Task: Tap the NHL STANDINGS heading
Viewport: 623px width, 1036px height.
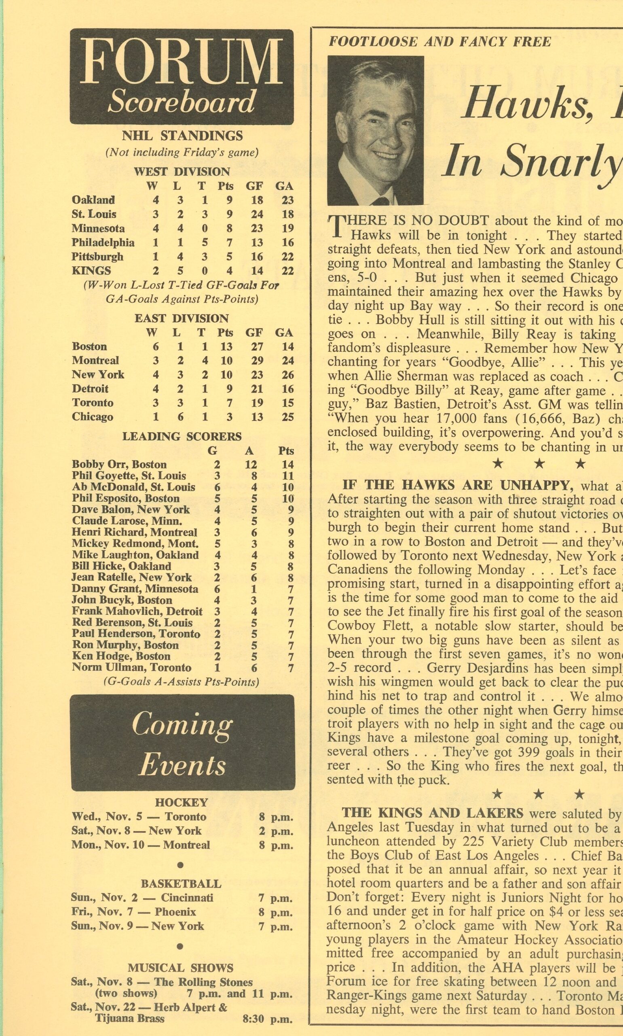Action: [x=182, y=136]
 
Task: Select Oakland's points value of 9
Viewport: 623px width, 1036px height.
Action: [x=229, y=200]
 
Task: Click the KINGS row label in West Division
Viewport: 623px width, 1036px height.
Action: [x=91, y=271]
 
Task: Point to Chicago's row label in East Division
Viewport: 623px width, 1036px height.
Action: [x=92, y=417]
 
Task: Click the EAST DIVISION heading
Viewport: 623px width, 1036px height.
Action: [x=182, y=318]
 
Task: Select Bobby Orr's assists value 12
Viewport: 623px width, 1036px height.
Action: [x=251, y=465]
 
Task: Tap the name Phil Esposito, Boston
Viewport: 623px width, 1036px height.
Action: [x=125, y=499]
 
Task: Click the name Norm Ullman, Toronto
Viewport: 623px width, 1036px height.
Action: [x=131, y=668]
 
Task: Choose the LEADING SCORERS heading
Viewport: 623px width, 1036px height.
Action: [x=182, y=437]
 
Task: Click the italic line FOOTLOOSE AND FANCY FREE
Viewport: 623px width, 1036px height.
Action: [x=439, y=42]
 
